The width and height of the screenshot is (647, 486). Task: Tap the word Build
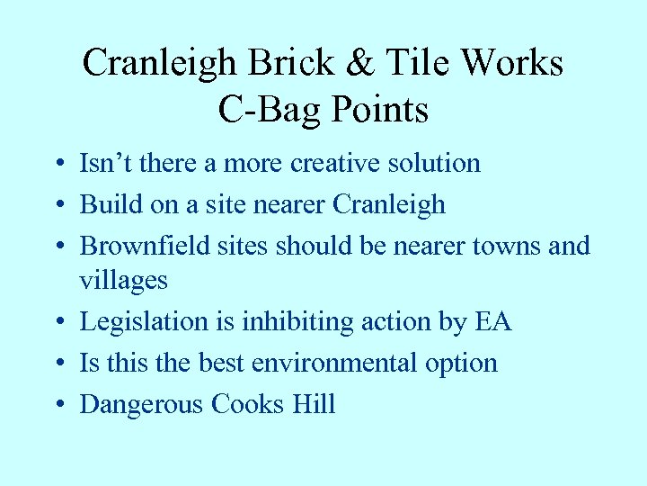click(x=105, y=204)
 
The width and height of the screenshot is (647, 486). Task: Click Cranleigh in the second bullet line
click(x=388, y=204)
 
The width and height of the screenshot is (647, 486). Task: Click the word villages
click(x=123, y=280)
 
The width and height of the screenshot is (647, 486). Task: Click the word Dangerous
click(x=142, y=404)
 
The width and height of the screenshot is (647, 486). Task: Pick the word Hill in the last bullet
click(x=314, y=404)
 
